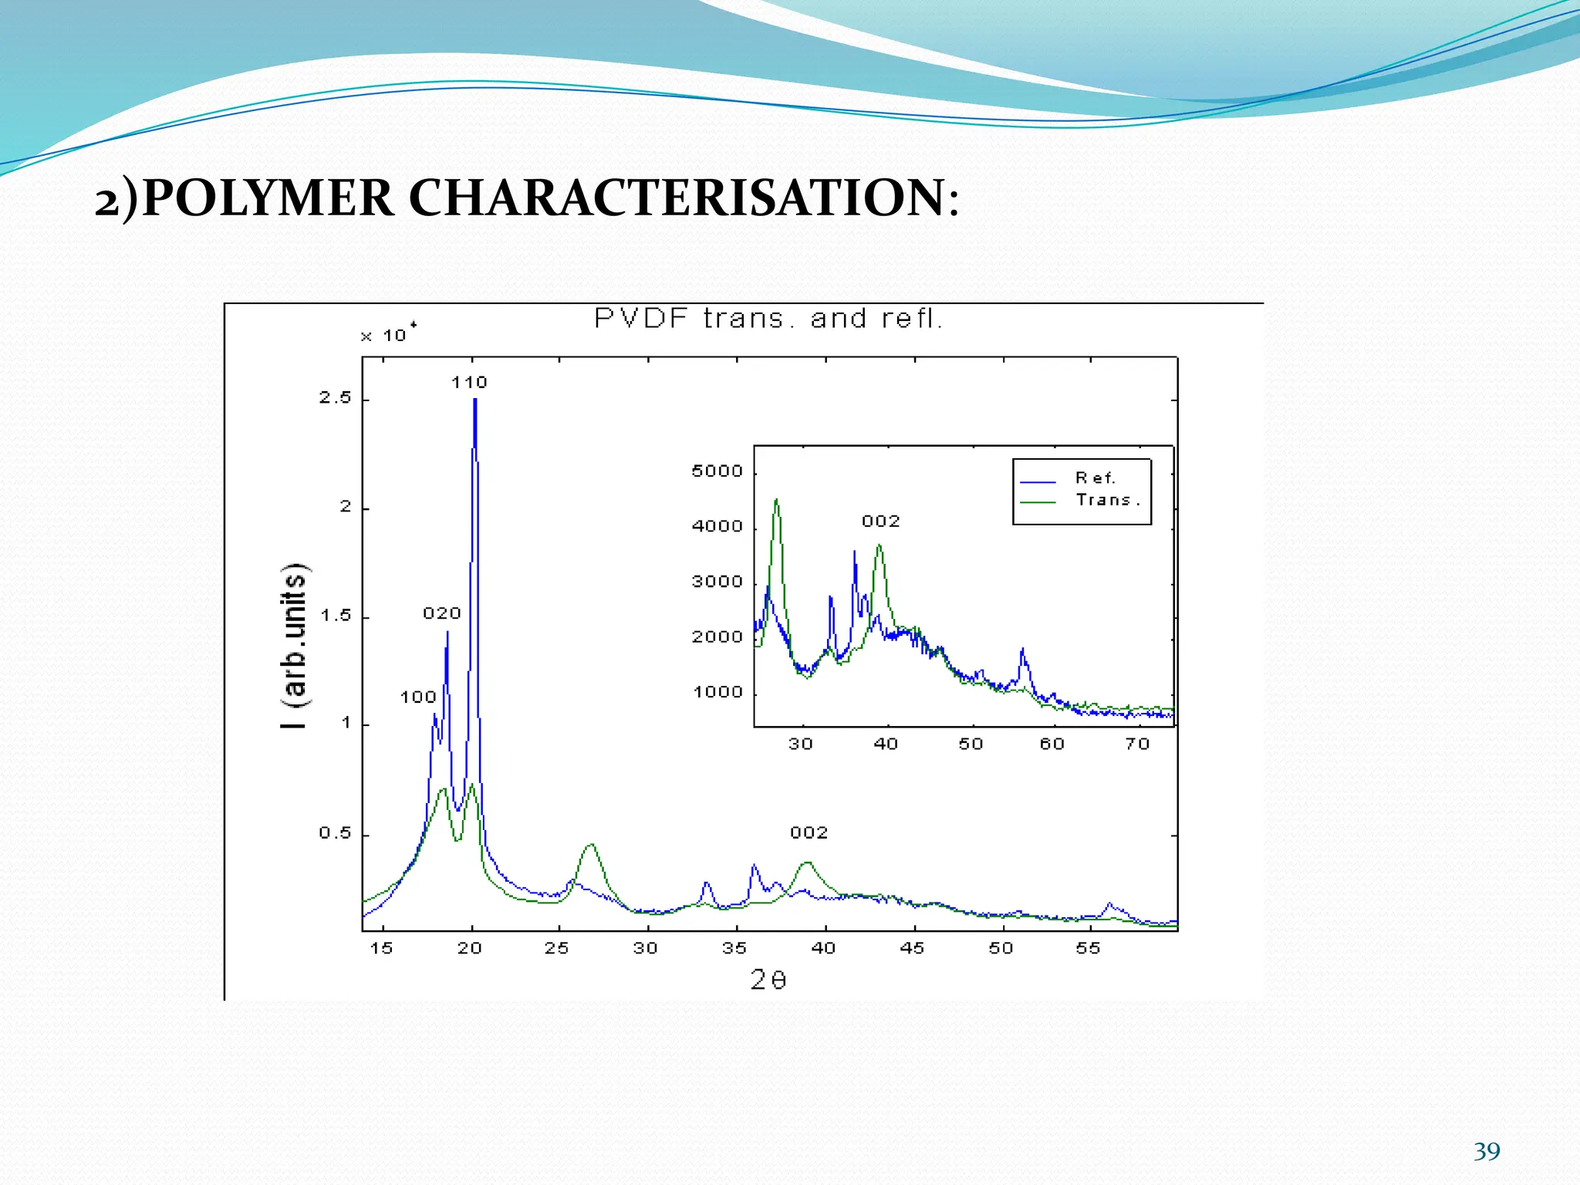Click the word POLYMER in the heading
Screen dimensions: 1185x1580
click(268, 198)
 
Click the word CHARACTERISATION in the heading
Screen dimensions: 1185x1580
click(677, 198)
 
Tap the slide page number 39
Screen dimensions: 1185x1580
click(1487, 1151)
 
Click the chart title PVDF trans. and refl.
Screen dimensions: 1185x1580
click(768, 319)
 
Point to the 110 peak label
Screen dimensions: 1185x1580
click(469, 383)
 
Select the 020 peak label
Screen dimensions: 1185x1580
click(441, 613)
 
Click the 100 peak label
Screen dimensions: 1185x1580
click(418, 697)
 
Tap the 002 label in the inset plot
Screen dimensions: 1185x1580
click(881, 522)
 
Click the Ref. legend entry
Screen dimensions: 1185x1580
click(1095, 478)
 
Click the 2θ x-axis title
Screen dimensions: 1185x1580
click(768, 980)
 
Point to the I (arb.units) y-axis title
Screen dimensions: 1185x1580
click(295, 647)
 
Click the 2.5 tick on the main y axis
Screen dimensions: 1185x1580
click(335, 398)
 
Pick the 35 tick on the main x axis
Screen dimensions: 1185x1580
click(734, 948)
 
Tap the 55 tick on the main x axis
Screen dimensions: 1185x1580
click(1089, 948)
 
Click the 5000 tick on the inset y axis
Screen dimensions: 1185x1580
click(717, 471)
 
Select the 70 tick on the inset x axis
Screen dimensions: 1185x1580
click(1138, 744)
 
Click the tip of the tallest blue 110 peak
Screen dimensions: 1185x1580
click(475, 400)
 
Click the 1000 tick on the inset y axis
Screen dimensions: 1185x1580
click(717, 692)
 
